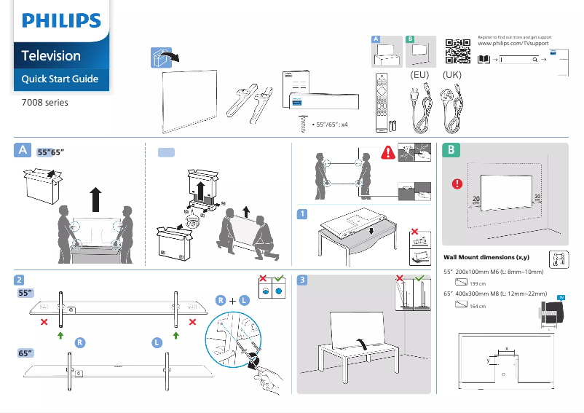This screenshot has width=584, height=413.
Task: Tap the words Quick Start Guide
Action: coord(60,79)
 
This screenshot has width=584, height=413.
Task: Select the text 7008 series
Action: coord(45,103)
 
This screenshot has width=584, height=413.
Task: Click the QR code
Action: coord(457,51)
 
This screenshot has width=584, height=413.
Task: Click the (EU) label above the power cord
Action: coord(419,75)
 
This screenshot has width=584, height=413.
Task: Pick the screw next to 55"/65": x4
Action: coord(304,125)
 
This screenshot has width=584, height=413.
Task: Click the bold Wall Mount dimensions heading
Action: coord(486,257)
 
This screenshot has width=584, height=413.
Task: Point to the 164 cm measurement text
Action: coord(478,307)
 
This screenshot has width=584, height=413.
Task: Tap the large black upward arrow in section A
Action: coord(95,197)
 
